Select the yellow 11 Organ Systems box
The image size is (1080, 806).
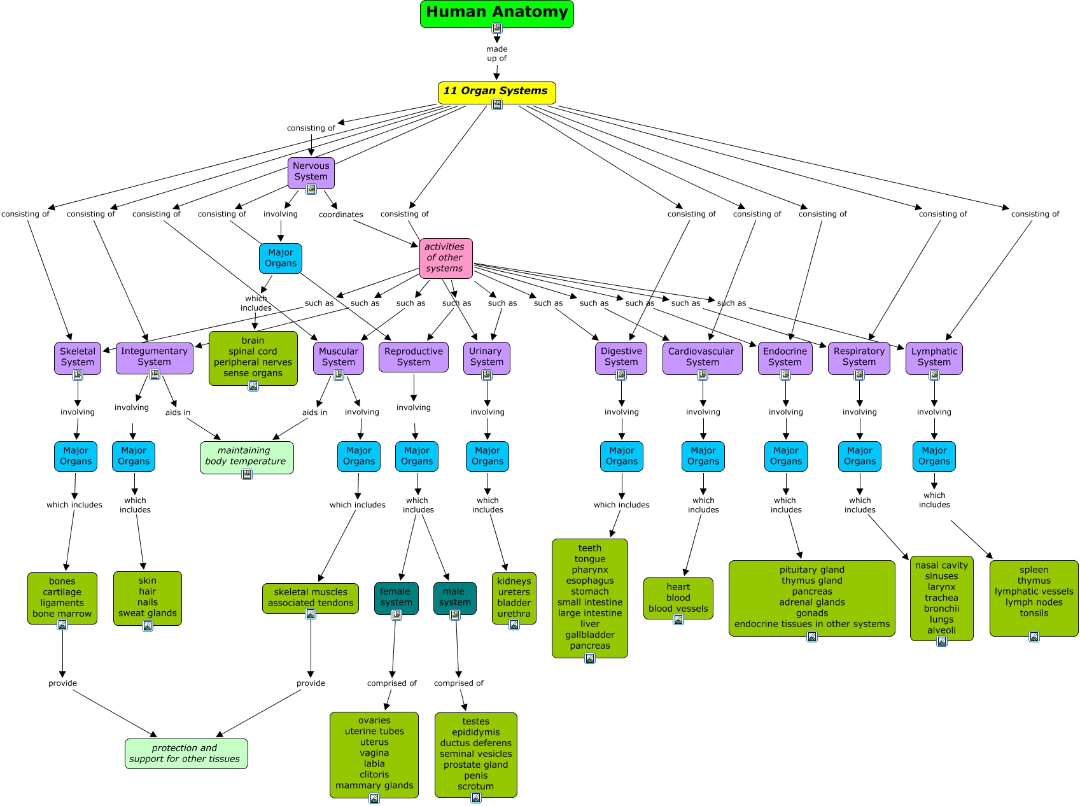(496, 91)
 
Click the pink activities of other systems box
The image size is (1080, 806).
(445, 258)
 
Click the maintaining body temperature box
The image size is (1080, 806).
(246, 456)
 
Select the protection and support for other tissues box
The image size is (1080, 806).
(186, 754)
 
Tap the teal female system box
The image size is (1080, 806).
(396, 597)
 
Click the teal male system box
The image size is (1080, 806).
(454, 597)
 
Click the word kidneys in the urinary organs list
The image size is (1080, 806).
(514, 581)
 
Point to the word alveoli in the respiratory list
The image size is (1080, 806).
(941, 630)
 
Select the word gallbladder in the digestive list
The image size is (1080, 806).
(590, 635)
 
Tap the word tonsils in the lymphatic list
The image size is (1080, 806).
(1034, 613)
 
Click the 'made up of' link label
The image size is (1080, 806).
(496, 53)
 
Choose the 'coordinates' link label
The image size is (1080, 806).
(340, 215)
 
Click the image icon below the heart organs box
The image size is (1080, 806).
(678, 619)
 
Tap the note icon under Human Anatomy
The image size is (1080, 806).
(497, 28)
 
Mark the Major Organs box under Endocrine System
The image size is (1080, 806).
(785, 456)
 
